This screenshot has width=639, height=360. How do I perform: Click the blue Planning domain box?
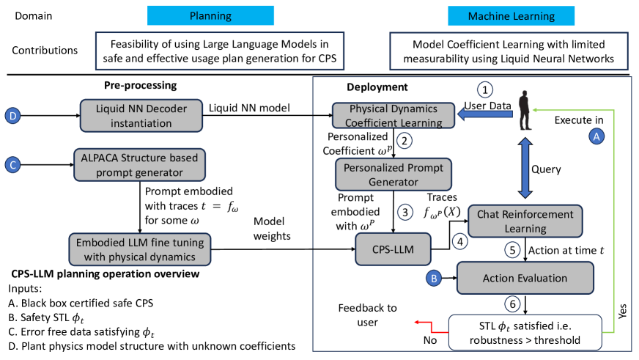pyautogui.click(x=210, y=15)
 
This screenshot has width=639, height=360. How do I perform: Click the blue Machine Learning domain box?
pyautogui.click(x=511, y=16)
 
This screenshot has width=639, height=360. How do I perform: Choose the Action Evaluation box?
pyautogui.click(x=524, y=277)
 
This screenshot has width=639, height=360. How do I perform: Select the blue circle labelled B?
pyautogui.click(x=434, y=278)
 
